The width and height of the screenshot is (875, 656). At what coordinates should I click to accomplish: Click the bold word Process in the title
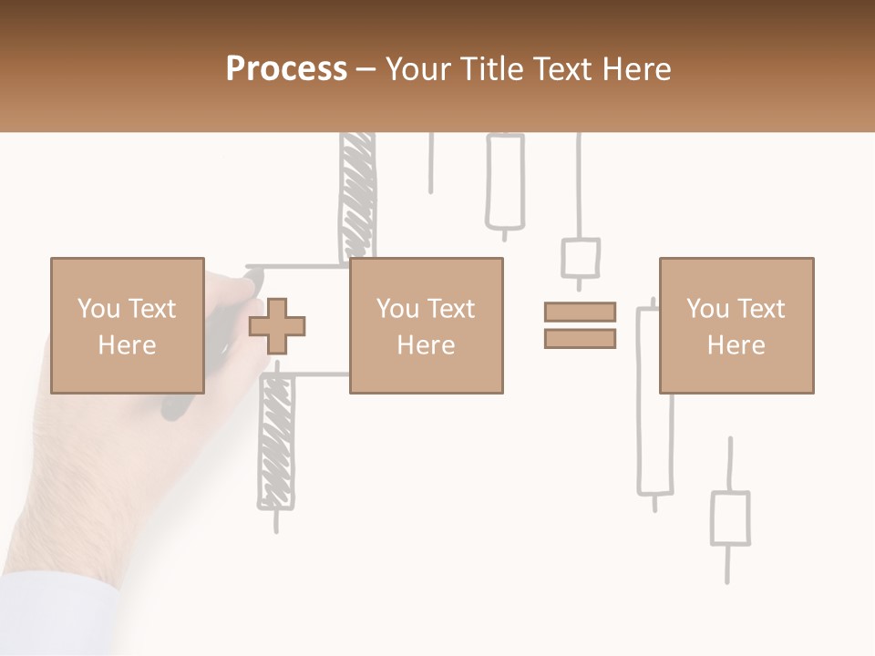click(x=286, y=69)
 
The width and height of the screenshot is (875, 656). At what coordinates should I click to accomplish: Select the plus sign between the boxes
click(x=277, y=326)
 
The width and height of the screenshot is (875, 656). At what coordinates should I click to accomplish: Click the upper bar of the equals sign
click(x=580, y=312)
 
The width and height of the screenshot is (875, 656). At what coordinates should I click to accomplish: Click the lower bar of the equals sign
click(x=580, y=338)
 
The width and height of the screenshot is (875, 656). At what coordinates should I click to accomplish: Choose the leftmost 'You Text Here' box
click(x=127, y=325)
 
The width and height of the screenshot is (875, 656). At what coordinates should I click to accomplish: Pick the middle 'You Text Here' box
click(x=426, y=325)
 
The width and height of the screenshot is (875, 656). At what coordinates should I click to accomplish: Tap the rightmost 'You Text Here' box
click(x=736, y=325)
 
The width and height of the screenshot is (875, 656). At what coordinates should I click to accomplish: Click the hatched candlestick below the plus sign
click(x=275, y=442)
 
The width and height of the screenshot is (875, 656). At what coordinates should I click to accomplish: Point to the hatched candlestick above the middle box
click(x=356, y=196)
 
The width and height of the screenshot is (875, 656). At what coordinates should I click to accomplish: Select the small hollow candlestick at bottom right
click(x=729, y=518)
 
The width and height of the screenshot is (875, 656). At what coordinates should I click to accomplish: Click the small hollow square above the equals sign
click(x=580, y=259)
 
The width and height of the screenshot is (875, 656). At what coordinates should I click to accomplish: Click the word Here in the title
click(x=636, y=69)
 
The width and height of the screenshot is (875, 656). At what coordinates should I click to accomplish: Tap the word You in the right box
click(x=707, y=309)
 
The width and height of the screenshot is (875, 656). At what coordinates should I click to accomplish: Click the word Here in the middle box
click(x=426, y=345)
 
